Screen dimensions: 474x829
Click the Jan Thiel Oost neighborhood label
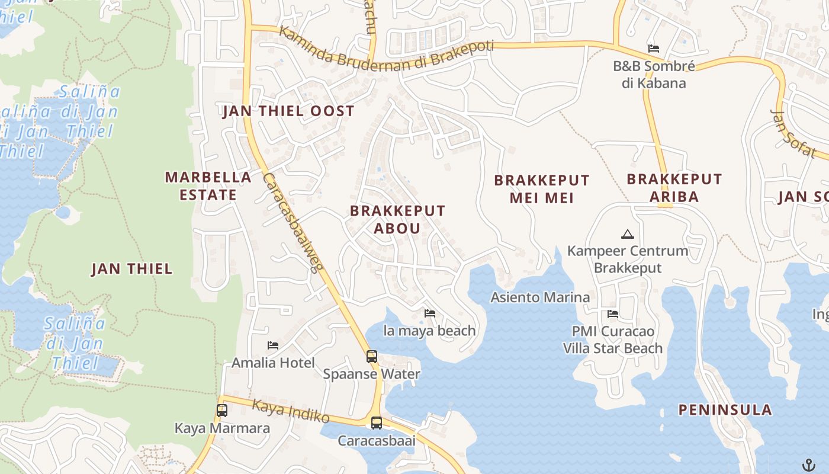pos(288,111)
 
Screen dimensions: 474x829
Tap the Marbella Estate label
pos(208,185)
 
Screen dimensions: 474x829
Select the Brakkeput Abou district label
pos(397,219)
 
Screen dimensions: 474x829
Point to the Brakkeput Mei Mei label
pos(542,188)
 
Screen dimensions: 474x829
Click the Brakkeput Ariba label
pos(674,187)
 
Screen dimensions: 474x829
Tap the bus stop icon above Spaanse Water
pos(372,357)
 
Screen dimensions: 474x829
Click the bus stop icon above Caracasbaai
pos(377,423)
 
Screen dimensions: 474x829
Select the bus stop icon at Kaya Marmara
pos(222,410)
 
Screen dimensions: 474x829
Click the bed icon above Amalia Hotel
pos(273,345)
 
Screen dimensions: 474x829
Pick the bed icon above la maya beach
pos(430,313)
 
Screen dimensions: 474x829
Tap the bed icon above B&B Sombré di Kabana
pos(654,48)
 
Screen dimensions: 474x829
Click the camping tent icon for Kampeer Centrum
pos(628,233)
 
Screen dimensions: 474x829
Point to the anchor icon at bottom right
pos(808,464)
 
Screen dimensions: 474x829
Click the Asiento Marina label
pos(540,297)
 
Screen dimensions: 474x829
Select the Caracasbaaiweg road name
pos(293,222)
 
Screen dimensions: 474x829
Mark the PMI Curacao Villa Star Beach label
pos(612,339)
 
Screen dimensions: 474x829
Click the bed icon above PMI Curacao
pos(613,313)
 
